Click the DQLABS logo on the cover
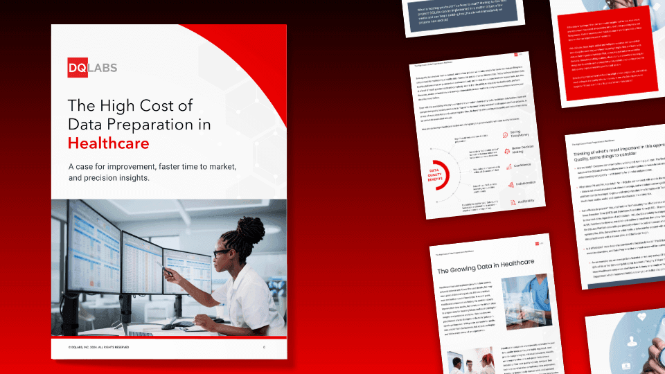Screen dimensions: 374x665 coord(91,68)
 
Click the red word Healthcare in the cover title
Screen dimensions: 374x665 coord(108,143)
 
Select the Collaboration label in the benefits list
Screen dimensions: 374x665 coord(524,184)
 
